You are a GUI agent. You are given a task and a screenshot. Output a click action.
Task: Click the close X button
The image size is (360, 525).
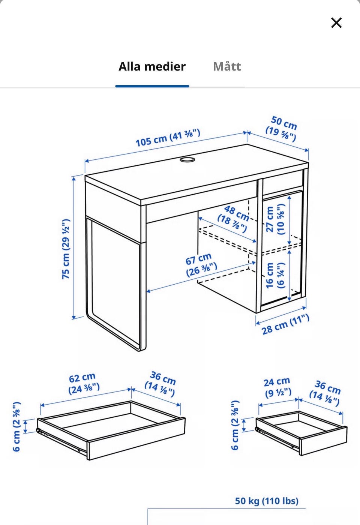point(336,23)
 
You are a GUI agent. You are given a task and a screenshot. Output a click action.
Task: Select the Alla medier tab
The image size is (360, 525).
point(152,67)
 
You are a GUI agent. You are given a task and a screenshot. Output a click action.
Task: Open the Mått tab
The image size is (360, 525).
point(227,67)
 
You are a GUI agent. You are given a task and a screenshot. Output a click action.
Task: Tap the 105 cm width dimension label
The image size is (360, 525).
point(168,138)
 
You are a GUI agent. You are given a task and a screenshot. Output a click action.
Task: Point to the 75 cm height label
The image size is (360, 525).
point(66,249)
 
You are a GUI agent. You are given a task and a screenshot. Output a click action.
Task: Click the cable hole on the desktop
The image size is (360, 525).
point(187,160)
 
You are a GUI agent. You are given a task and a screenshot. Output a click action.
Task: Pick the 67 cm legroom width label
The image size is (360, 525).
point(201,264)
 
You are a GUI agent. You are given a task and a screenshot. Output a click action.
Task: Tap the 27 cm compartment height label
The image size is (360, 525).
point(275,219)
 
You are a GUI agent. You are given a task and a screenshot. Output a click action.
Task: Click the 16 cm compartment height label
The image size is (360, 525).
point(275,275)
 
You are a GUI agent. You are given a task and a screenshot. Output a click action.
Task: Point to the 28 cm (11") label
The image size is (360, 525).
point(285,325)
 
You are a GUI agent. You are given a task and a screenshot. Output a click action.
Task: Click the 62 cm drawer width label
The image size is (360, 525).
point(83,383)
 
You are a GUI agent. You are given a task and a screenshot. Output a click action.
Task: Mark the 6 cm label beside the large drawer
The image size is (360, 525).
point(16,427)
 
